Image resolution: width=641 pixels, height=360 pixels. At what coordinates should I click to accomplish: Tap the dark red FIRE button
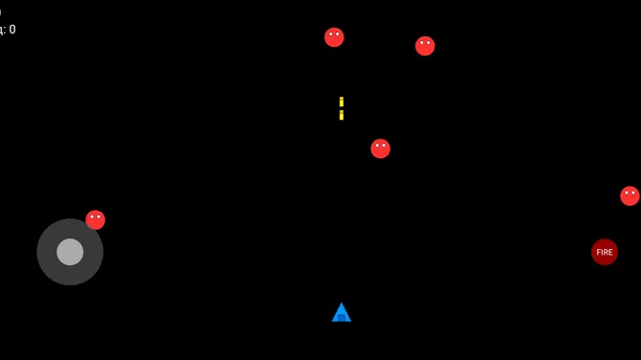pos(605,252)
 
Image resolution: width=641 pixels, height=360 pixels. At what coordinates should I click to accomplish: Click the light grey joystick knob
pos(70,252)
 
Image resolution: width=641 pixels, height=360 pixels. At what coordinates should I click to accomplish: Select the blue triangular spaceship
pos(342,314)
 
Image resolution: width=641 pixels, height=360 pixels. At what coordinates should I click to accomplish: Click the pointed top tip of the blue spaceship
pos(342,304)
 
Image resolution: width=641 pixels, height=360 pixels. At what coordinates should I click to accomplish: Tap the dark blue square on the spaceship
pos(342,317)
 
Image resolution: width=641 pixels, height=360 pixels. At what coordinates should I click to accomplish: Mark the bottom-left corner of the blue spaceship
pos(333,321)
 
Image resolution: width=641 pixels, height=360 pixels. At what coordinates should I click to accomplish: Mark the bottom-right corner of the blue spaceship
pos(350,321)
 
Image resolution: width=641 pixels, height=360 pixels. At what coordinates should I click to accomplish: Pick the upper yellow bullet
pos(342,101)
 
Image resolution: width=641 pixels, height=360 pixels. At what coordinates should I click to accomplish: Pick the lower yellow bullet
pos(342,115)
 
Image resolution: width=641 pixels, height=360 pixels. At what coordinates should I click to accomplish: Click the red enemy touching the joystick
pos(96,220)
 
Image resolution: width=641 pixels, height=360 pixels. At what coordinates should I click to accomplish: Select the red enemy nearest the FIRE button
pos(630,196)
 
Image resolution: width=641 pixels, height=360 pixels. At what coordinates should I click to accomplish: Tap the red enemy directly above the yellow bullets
pos(334,37)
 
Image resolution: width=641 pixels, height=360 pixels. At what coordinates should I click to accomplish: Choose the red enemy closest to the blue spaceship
pos(381,148)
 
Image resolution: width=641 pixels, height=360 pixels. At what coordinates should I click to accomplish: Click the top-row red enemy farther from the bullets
pos(425,46)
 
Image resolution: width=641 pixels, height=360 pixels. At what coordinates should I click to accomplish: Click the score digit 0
pos(11,30)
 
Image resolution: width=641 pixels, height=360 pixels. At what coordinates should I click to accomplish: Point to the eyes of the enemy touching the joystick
pos(96,216)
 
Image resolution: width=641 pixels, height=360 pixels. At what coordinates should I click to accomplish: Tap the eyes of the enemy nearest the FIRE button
pos(630,192)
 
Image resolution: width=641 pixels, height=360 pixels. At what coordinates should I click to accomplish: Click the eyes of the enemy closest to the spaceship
pos(381,145)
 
